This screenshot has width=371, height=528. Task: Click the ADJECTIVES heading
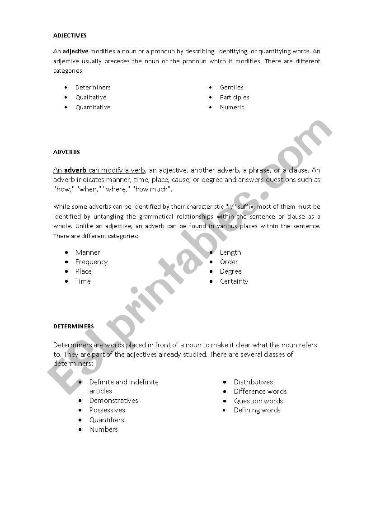tap(70, 35)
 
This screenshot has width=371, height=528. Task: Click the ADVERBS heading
tap(66, 152)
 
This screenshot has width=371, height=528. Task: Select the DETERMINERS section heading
tap(73, 326)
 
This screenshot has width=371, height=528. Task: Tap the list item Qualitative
tap(91, 97)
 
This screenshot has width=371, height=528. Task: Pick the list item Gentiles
tap(231, 87)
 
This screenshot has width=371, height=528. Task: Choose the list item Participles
tap(235, 97)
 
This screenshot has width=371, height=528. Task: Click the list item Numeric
tap(232, 107)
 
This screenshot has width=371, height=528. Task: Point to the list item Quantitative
tap(93, 107)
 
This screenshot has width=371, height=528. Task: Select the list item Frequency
tap(91, 262)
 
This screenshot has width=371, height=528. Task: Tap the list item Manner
tap(88, 252)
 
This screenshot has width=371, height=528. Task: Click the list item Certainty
tap(234, 281)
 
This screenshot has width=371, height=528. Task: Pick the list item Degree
tap(230, 271)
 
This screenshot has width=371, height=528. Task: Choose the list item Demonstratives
tap(113, 401)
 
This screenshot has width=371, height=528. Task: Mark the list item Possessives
tap(107, 410)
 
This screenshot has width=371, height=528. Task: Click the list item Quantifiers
tap(107, 420)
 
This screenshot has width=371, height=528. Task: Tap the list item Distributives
tap(253, 382)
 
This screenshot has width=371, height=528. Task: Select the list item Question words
tap(258, 401)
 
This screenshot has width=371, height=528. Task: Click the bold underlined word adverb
tap(75, 170)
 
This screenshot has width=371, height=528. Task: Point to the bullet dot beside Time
tap(66, 281)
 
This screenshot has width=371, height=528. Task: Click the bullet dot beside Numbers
tap(80, 429)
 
